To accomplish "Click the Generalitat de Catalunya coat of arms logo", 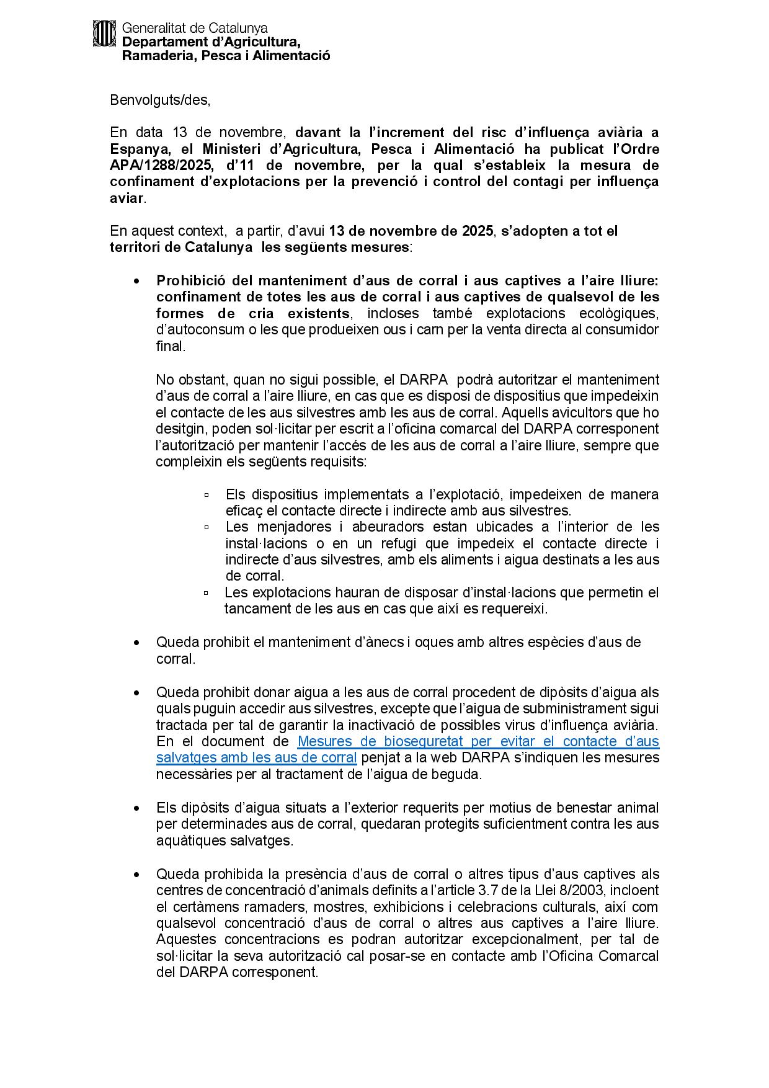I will (x=104, y=33).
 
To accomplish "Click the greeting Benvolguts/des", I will (x=160, y=100).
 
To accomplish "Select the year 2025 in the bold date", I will (x=477, y=231).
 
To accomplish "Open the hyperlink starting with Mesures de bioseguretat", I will (x=478, y=742).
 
